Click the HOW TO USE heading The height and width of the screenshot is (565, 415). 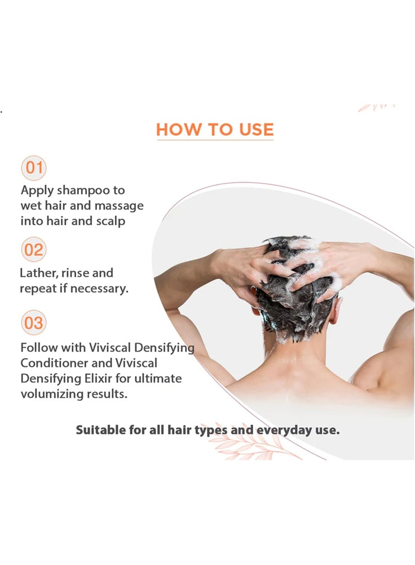[215, 129]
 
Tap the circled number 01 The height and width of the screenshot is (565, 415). [34, 168]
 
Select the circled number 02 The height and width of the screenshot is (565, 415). [34, 250]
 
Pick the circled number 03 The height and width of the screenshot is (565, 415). [34, 324]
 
